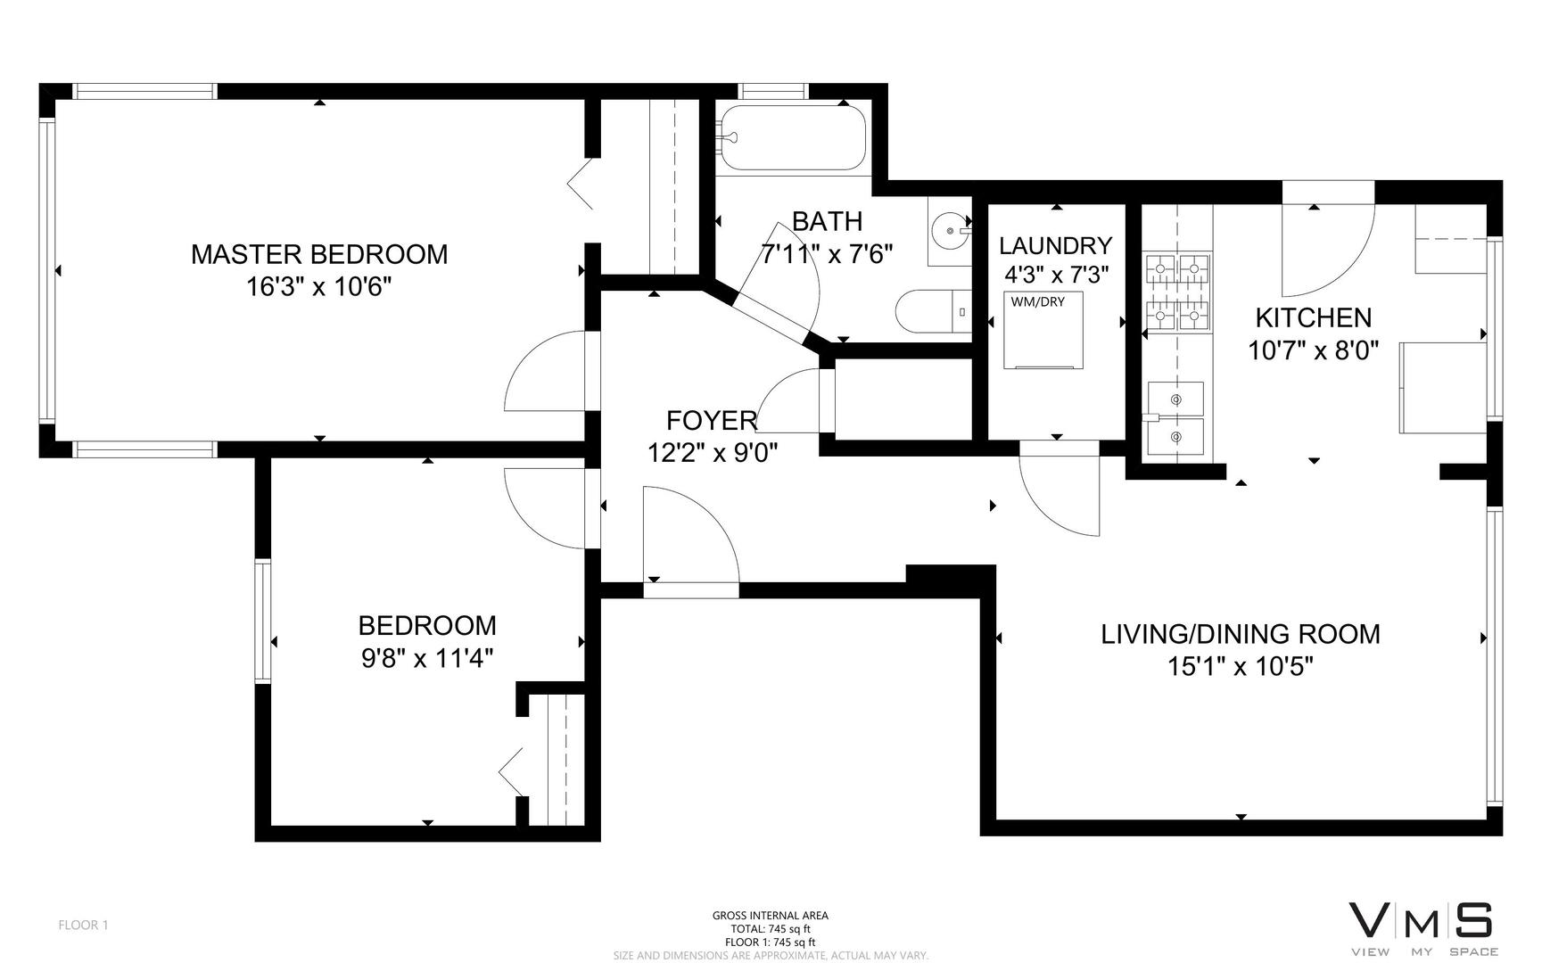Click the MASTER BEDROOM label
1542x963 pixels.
pyautogui.click(x=319, y=254)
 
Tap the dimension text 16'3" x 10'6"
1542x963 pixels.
pyautogui.click(x=319, y=287)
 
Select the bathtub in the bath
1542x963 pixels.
pyautogui.click(x=793, y=138)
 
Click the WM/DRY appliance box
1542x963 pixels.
pyautogui.click(x=1043, y=330)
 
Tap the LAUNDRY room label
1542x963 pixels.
pyautogui.click(x=1055, y=246)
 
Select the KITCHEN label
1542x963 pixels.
pyautogui.click(x=1313, y=317)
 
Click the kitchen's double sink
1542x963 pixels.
pyautogui.click(x=1175, y=418)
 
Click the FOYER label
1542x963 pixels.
pyautogui.click(x=712, y=420)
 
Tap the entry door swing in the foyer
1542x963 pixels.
pyautogui.click(x=689, y=535)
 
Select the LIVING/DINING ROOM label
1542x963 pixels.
pyautogui.click(x=1240, y=634)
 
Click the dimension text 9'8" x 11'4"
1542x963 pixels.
pyautogui.click(x=426, y=658)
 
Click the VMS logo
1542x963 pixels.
pyautogui.click(x=1422, y=927)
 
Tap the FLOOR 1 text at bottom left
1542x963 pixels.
pyautogui.click(x=83, y=925)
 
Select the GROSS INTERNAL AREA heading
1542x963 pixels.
pyautogui.click(x=770, y=915)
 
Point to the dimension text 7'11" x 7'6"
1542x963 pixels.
pyautogui.click(x=826, y=255)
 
